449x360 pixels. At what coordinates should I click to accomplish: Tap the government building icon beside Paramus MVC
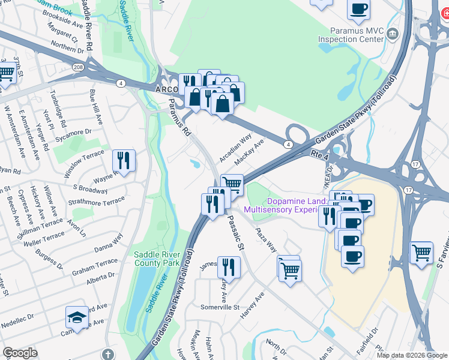click(x=393, y=34)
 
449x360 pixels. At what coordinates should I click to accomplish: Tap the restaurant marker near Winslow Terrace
click(x=124, y=161)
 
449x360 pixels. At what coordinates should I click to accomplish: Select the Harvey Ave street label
click(x=252, y=305)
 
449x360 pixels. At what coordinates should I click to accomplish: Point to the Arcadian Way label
click(x=235, y=148)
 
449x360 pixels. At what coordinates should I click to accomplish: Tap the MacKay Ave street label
click(x=250, y=152)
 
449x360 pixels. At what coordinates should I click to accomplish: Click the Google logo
click(x=20, y=353)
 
